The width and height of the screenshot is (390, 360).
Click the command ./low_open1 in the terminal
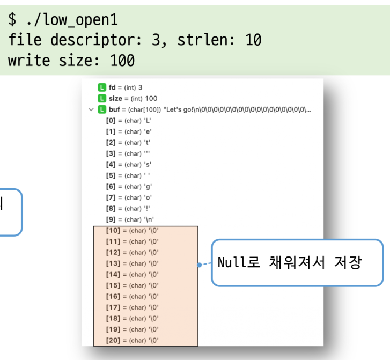pos(70,20)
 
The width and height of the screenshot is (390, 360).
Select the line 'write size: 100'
pos(71,60)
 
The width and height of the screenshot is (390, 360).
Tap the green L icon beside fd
pos(102,87)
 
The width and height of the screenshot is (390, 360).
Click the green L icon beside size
pos(102,98)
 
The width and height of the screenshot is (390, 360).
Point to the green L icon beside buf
pos(102,109)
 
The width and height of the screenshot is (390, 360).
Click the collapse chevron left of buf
pos(91,109)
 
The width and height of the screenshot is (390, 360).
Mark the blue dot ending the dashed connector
pos(199,265)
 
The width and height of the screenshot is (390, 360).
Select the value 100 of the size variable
pos(151,98)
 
